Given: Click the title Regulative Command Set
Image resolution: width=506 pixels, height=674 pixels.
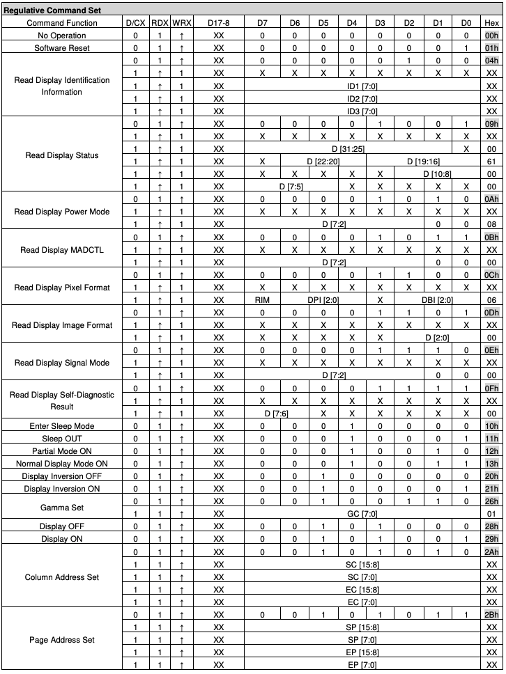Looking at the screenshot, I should click(x=52, y=10).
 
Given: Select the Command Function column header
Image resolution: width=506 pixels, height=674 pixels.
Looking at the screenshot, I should click(x=62, y=23).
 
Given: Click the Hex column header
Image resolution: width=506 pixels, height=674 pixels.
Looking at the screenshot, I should click(x=491, y=23).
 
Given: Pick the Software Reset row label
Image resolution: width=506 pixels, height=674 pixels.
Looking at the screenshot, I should click(x=62, y=48).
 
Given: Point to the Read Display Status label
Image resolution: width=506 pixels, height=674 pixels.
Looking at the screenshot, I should click(x=62, y=155).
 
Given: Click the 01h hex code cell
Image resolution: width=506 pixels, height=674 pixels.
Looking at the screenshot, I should click(x=491, y=48).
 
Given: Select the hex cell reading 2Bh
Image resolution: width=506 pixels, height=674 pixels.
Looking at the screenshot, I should click(x=491, y=615).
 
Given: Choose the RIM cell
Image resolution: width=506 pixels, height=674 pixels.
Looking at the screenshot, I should click(x=262, y=300).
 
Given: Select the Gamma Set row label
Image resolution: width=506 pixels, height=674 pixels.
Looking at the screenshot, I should click(x=62, y=508).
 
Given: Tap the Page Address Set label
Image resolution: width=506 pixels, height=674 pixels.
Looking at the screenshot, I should click(x=62, y=640).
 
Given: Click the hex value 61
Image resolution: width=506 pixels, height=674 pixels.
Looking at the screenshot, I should click(x=491, y=162).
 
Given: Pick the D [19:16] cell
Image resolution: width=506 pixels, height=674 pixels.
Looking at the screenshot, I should click(x=423, y=162).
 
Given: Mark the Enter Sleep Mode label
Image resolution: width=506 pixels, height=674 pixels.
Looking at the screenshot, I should click(x=62, y=425).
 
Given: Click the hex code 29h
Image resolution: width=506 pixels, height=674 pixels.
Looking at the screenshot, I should click(x=491, y=539).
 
